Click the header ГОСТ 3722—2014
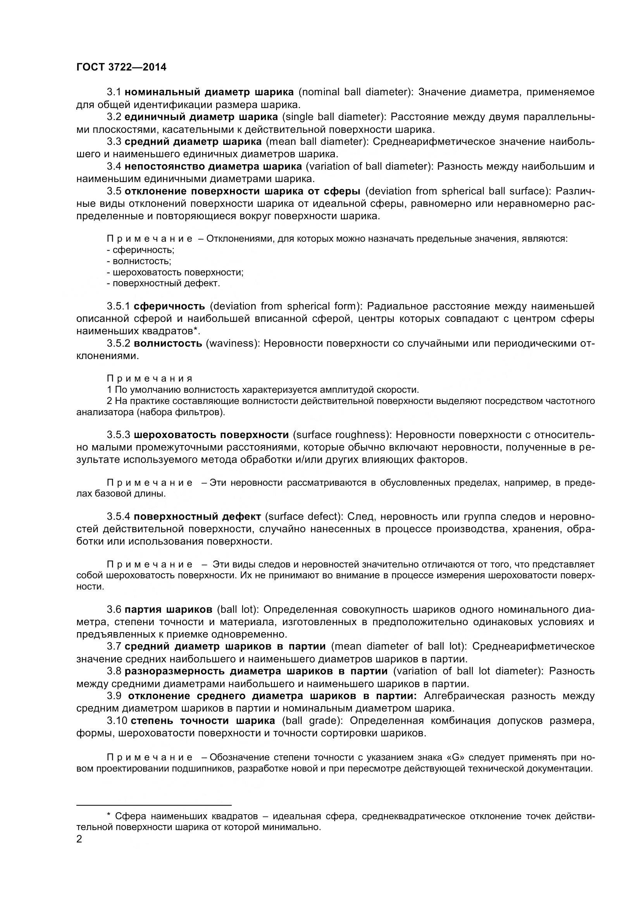pos(121,67)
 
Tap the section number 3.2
pos(114,117)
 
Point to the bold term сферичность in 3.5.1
pos(169,306)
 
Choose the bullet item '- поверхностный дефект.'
pos(164,283)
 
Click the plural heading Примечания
pos(150,379)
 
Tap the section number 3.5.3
pos(119,435)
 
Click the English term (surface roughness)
pos(342,435)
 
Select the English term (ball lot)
pos(238,610)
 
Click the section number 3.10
pos(117,721)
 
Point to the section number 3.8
pos(114,671)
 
